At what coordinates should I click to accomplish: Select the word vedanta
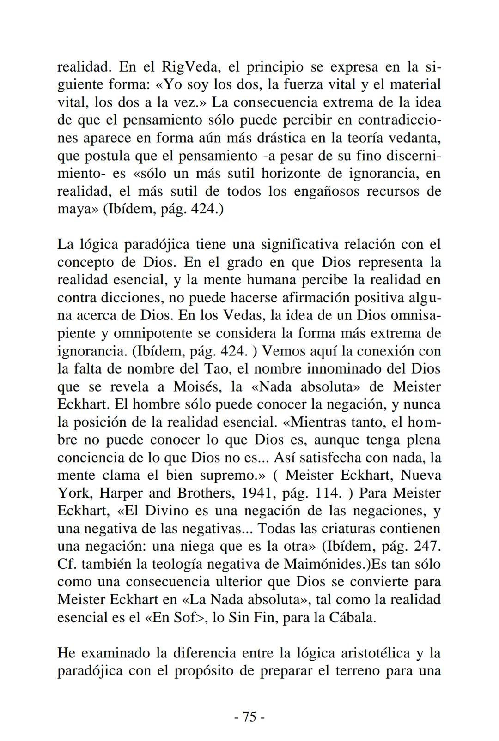coord(415,138)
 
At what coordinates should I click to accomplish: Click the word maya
coord(74,209)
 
